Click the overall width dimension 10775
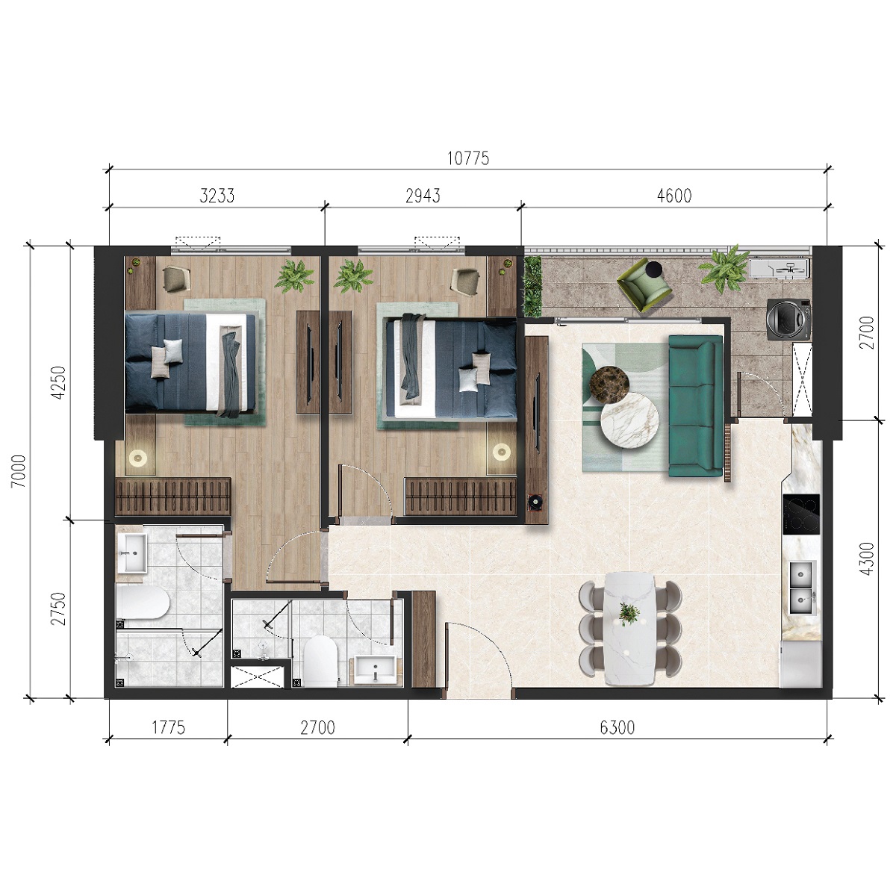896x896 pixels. coord(467,158)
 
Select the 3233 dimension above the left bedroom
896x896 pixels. coord(217,196)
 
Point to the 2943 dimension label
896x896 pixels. coord(423,196)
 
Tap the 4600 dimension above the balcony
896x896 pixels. coord(674,196)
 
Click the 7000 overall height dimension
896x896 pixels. coord(19,471)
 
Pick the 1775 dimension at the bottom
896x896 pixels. coord(168,727)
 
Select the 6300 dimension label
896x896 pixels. coord(617,727)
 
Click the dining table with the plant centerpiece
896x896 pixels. coord(630,629)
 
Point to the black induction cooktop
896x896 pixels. coord(801,514)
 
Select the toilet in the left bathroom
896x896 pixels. coord(143,602)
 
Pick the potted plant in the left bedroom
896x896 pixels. coord(294,276)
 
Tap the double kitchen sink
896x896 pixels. coord(802,588)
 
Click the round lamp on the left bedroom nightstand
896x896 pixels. coord(139,458)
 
